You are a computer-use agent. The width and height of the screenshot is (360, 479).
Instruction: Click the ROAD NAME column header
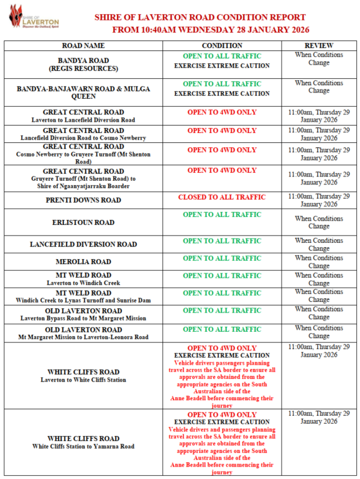[83, 46]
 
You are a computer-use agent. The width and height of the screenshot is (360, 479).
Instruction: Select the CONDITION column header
[222, 46]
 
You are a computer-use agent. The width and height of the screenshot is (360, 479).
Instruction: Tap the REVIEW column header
[319, 46]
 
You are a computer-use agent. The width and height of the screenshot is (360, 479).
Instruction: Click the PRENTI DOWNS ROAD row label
[83, 200]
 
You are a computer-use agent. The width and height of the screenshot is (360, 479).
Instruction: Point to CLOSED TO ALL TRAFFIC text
[222, 198]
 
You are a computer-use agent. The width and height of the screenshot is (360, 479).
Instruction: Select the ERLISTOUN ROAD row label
[83, 222]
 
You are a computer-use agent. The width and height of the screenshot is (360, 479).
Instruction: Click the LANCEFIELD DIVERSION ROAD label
[83, 245]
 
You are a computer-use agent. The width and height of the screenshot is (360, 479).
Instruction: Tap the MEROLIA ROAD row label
[83, 262]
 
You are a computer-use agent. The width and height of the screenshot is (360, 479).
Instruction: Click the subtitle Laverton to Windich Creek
[83, 283]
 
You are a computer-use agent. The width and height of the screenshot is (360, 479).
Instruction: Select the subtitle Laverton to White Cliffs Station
[83, 380]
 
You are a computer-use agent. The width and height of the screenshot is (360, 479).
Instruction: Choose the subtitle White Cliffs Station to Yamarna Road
[83, 446]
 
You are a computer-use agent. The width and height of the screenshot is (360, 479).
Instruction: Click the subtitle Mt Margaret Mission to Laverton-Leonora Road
[83, 337]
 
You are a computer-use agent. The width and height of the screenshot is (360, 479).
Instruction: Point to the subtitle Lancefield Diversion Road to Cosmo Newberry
[83, 137]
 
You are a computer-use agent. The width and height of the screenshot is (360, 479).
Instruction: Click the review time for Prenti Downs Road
[319, 200]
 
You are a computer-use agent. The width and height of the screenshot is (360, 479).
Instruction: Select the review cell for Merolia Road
[319, 262]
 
